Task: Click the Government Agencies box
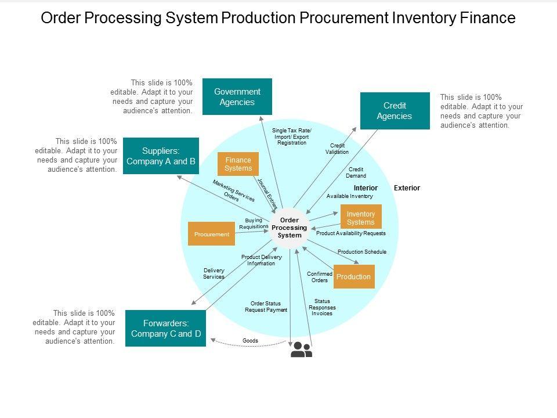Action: coord(237,96)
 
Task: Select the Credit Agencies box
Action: coord(395,110)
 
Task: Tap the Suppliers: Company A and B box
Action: coord(161,156)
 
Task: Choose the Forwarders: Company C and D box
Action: coord(165,328)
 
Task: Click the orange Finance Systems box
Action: coord(238,164)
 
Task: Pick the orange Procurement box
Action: coord(211,234)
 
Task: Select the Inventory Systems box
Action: coord(360,218)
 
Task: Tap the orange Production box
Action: coord(353,276)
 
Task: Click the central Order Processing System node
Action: coord(290,228)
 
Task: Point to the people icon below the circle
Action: coord(301,349)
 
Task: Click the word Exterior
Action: coord(407,188)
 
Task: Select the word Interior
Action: coord(366,188)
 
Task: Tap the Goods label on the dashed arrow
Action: coord(250,341)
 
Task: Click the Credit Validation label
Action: coord(337,149)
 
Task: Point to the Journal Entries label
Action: coord(267,193)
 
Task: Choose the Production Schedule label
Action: coord(361,252)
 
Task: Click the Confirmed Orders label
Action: coord(320,277)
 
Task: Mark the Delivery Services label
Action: coord(214,273)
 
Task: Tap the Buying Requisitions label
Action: coord(254,224)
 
